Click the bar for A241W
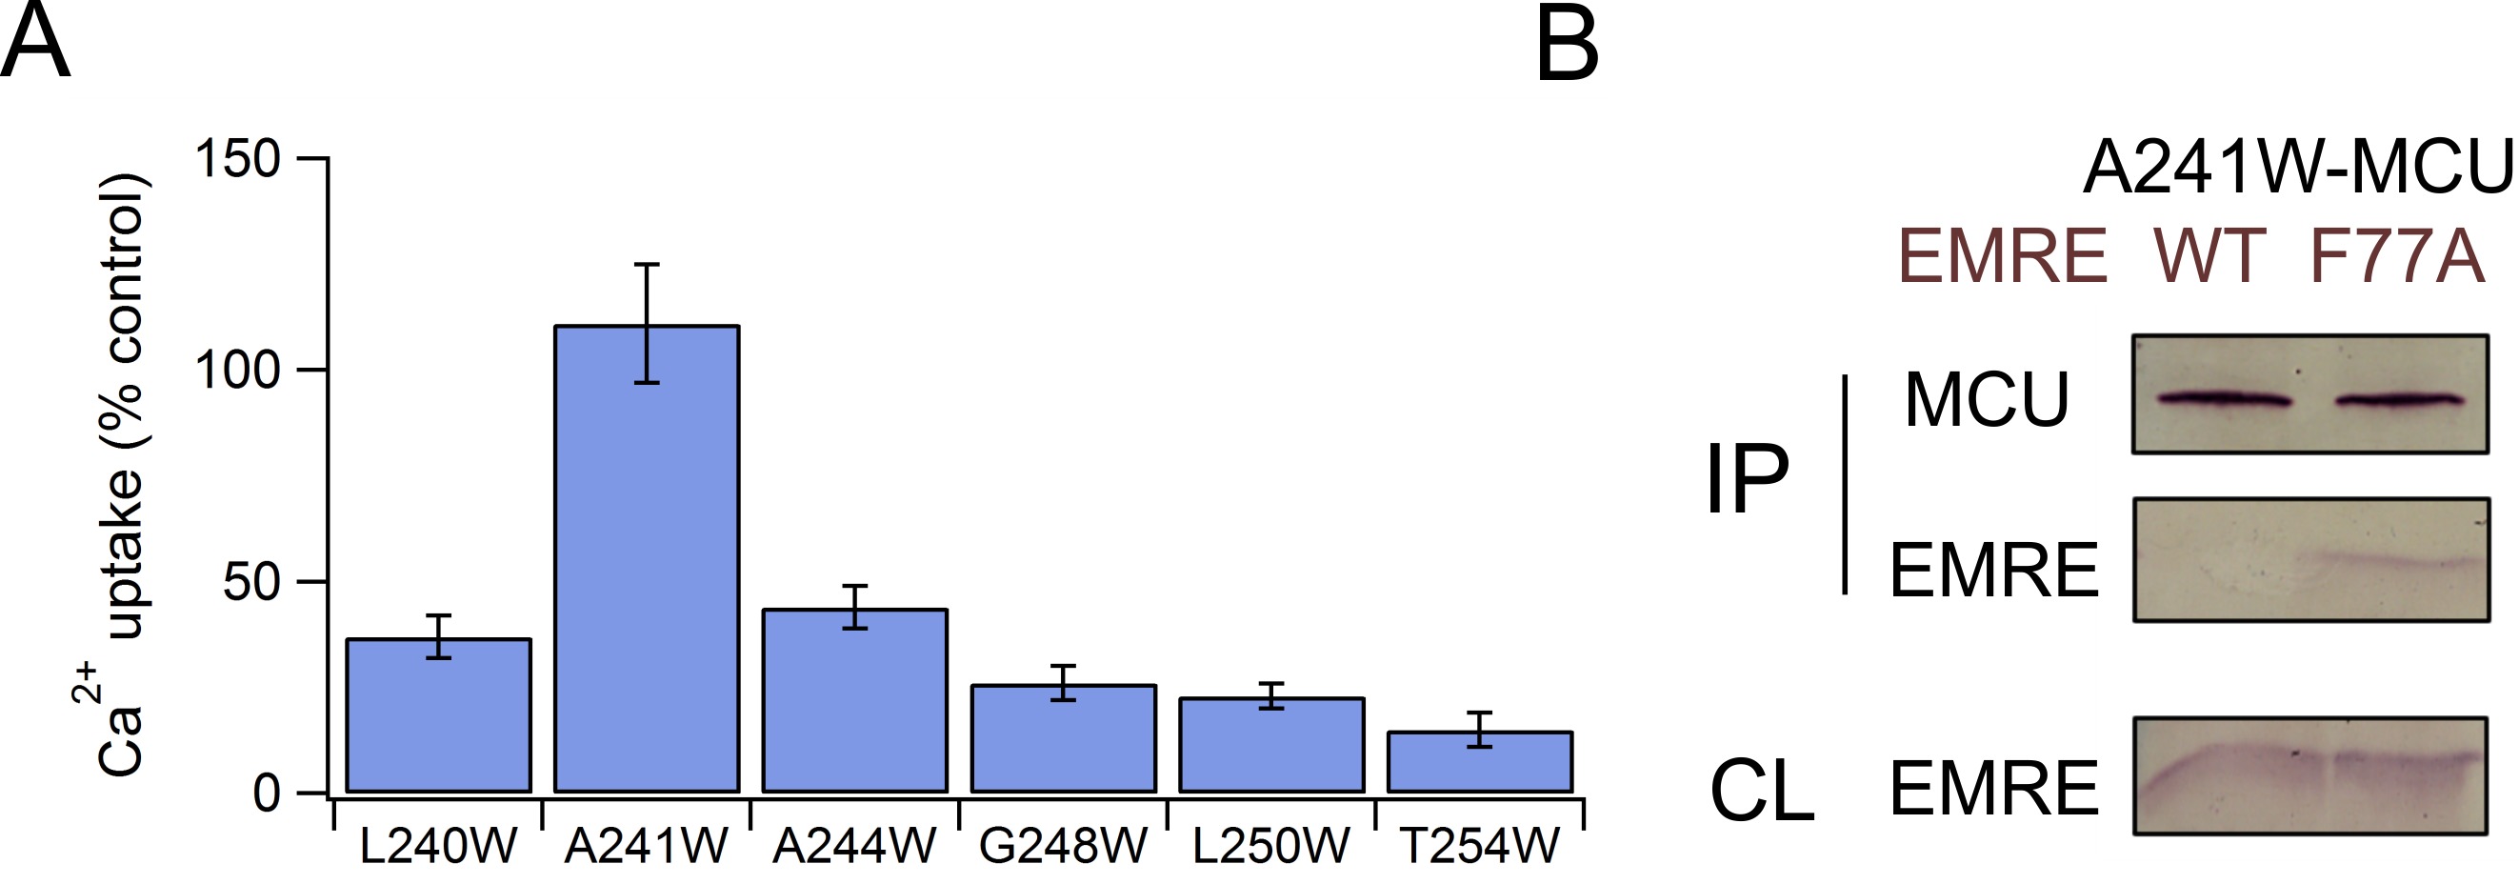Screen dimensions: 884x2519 click(x=647, y=557)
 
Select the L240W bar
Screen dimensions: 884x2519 click(x=438, y=714)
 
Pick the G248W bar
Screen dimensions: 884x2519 click(x=1063, y=738)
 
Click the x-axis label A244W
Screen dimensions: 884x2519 click(x=853, y=846)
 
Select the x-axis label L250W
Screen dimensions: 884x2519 click(x=1270, y=846)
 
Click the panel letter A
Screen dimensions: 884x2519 click(x=35, y=44)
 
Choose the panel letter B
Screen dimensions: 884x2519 click(x=1567, y=44)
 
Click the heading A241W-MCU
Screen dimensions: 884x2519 click(x=2298, y=169)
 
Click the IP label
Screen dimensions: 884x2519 click(x=1747, y=479)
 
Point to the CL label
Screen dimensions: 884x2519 click(x=1761, y=791)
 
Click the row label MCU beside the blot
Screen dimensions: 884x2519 click(x=1986, y=400)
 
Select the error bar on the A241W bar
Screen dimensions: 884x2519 click(x=647, y=323)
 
